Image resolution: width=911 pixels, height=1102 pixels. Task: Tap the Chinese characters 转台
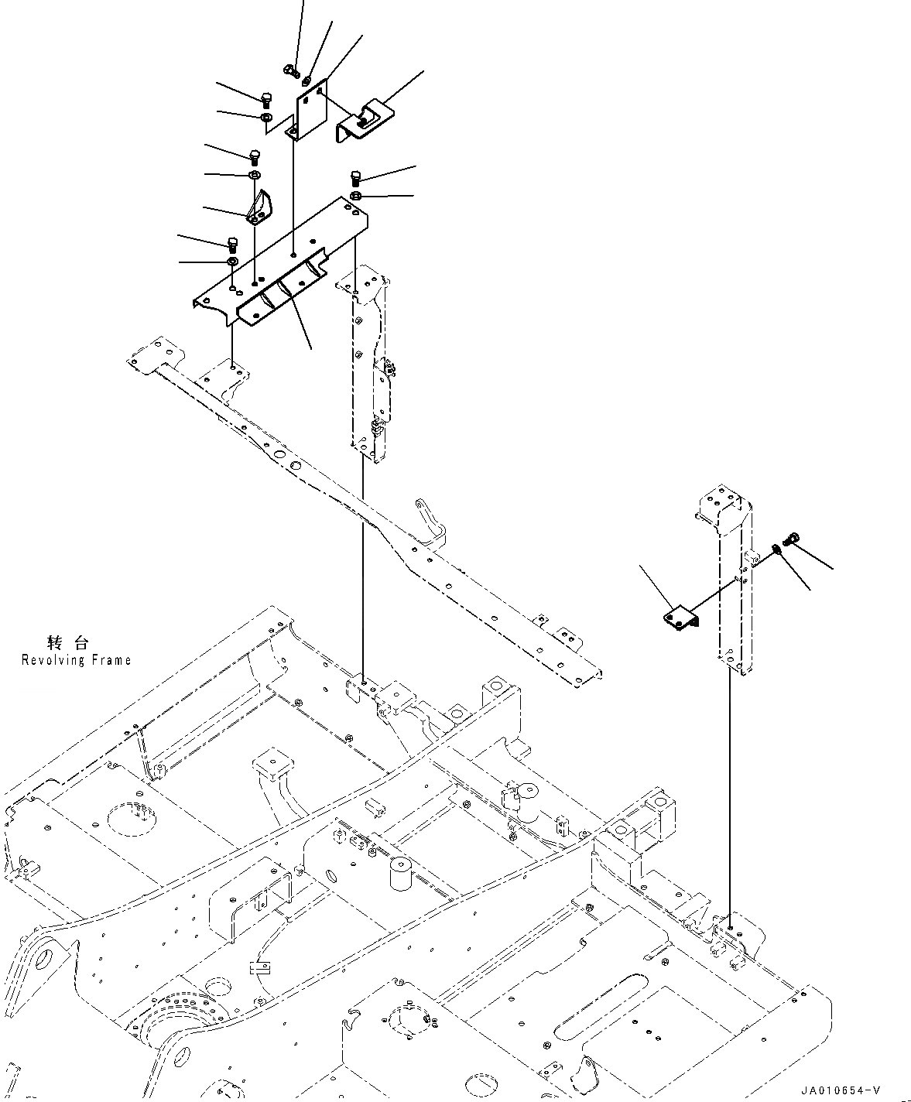click(x=68, y=642)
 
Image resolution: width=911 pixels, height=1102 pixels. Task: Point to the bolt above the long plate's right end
click(x=357, y=177)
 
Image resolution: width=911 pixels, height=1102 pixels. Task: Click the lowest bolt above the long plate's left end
click(x=232, y=244)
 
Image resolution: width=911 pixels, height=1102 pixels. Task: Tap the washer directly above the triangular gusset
click(x=254, y=176)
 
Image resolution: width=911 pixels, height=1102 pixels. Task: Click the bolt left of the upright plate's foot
click(x=265, y=98)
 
